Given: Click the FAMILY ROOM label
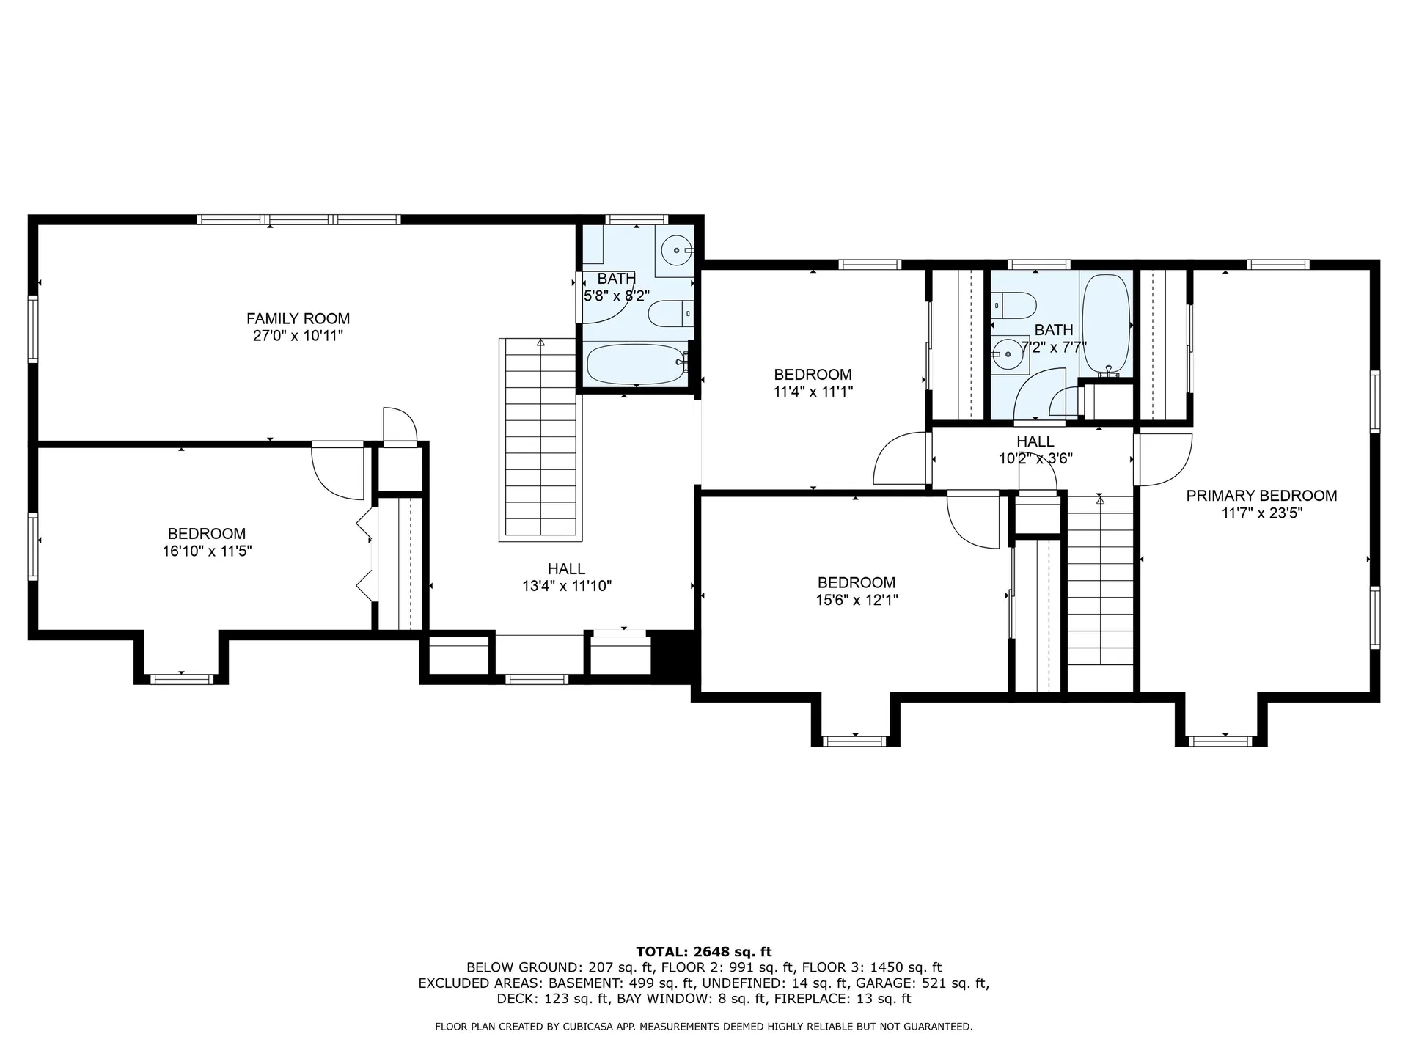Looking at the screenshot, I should [298, 318].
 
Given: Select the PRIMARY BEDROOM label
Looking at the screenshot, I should [1261, 496].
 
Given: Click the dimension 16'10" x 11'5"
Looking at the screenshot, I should [207, 551].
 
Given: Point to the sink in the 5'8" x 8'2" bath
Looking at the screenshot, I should [674, 251].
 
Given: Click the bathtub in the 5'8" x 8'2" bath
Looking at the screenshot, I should [635, 364].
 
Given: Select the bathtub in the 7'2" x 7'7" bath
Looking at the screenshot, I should [1105, 323].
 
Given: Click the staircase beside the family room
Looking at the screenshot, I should [540, 440].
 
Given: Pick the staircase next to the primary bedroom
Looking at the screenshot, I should [1099, 587].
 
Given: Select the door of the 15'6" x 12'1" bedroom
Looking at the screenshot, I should [973, 521].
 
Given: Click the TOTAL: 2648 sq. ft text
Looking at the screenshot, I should [703, 952].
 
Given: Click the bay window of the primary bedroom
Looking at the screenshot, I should [1221, 739].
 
